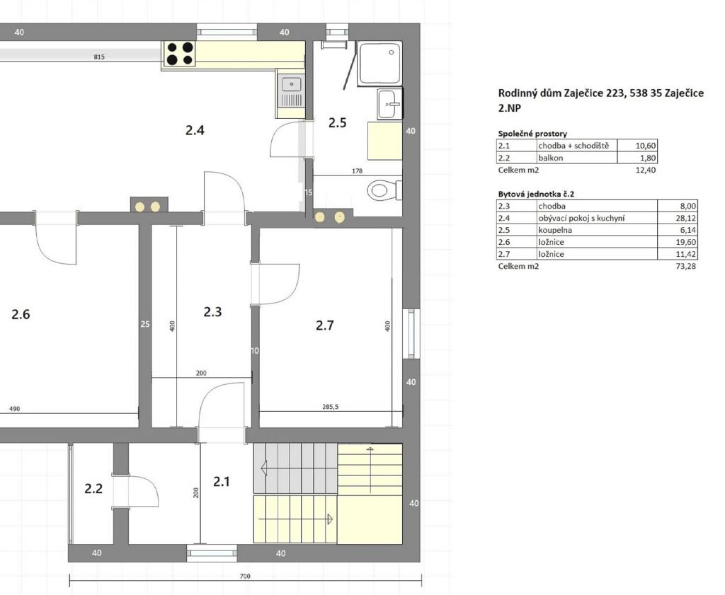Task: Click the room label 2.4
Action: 195,130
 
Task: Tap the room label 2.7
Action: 324,325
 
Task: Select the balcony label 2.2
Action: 93,488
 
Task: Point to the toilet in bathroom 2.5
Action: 384,190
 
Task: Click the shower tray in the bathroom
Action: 379,63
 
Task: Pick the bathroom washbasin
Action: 389,104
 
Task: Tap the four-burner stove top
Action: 180,54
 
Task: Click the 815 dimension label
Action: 99,57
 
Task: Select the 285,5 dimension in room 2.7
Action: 330,407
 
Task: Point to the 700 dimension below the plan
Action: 245,576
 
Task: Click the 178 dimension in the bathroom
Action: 357,171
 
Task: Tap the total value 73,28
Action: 685,266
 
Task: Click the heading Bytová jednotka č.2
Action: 536,194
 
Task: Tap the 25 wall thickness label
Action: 145,324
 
